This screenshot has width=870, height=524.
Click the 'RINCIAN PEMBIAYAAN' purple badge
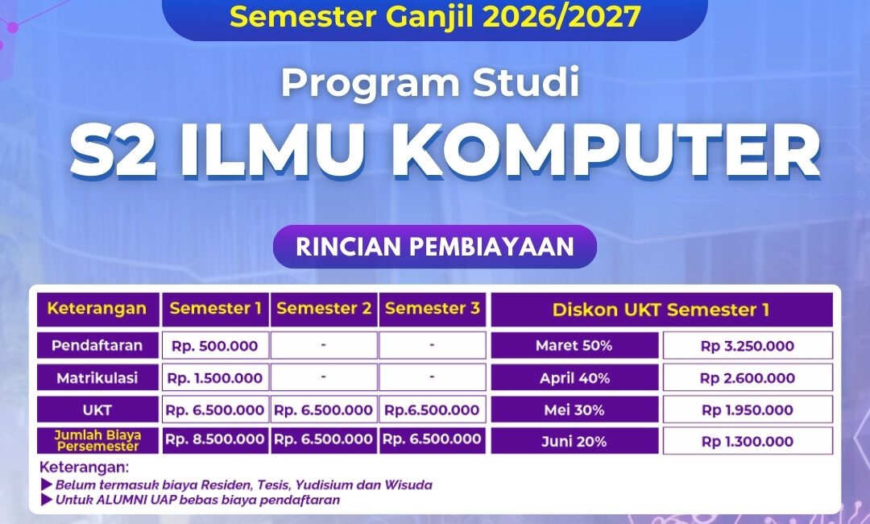pyautogui.click(x=434, y=247)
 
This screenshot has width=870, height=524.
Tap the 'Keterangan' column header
pyautogui.click(x=97, y=310)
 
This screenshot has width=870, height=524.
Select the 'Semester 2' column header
pyautogui.click(x=324, y=310)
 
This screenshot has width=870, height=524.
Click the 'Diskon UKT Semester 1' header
pyautogui.click(x=661, y=310)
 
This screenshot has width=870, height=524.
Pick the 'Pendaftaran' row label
pyautogui.click(x=97, y=345)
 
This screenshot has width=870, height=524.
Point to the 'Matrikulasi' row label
pyautogui.click(x=97, y=378)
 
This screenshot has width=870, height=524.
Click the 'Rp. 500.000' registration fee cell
pyautogui.click(x=215, y=345)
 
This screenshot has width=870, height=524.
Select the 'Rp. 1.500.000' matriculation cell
pyautogui.click(x=215, y=378)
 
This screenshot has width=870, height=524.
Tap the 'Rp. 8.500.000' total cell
pyautogui.click(x=215, y=439)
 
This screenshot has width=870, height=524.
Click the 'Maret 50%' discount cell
pyautogui.click(x=574, y=345)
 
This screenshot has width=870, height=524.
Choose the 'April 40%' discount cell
pyautogui.click(x=574, y=378)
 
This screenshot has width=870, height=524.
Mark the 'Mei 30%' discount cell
pyautogui.click(x=574, y=410)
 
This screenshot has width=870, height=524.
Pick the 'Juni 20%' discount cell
pyautogui.click(x=574, y=441)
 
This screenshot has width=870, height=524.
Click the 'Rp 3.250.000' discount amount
pyautogui.click(x=748, y=345)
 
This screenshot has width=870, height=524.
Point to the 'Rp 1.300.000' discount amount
pyautogui.click(x=748, y=441)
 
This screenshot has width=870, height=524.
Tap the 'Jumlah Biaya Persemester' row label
pyautogui.click(x=97, y=440)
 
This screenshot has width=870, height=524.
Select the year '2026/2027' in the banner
pyautogui.click(x=562, y=16)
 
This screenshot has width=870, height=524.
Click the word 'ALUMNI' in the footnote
pyautogui.click(x=120, y=500)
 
